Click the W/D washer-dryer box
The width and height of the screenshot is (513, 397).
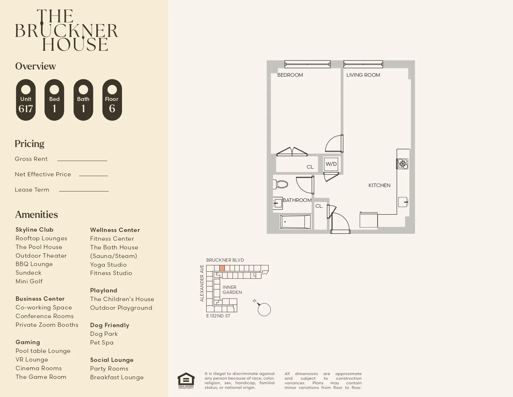[x=331, y=164]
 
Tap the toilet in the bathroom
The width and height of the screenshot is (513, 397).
[x=281, y=184]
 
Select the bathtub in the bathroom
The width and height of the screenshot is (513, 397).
[x=296, y=221]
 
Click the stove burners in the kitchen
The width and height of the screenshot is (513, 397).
[x=402, y=164]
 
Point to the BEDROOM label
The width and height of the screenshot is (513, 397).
[x=290, y=75]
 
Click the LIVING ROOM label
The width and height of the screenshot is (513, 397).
[x=363, y=75]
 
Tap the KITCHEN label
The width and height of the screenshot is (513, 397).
[x=379, y=185]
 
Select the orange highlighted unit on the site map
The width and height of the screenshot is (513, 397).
[x=222, y=268]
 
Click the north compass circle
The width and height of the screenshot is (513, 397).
[x=264, y=309]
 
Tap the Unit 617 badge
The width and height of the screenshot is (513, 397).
[x=26, y=100]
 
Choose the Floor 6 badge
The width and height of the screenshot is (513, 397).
[x=112, y=100]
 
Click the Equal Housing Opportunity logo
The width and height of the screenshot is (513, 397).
[x=186, y=380]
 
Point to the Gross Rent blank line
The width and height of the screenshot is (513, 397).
[x=82, y=160]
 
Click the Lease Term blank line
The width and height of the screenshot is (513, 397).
[x=84, y=191]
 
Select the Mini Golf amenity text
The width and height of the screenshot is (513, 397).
[x=29, y=281]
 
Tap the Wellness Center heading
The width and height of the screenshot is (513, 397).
[x=115, y=230]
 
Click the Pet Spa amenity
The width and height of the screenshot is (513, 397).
[x=102, y=342]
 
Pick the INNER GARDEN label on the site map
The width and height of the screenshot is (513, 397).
[x=232, y=290]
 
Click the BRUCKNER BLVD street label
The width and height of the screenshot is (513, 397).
[x=225, y=260]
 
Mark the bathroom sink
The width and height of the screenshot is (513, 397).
[x=278, y=203]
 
